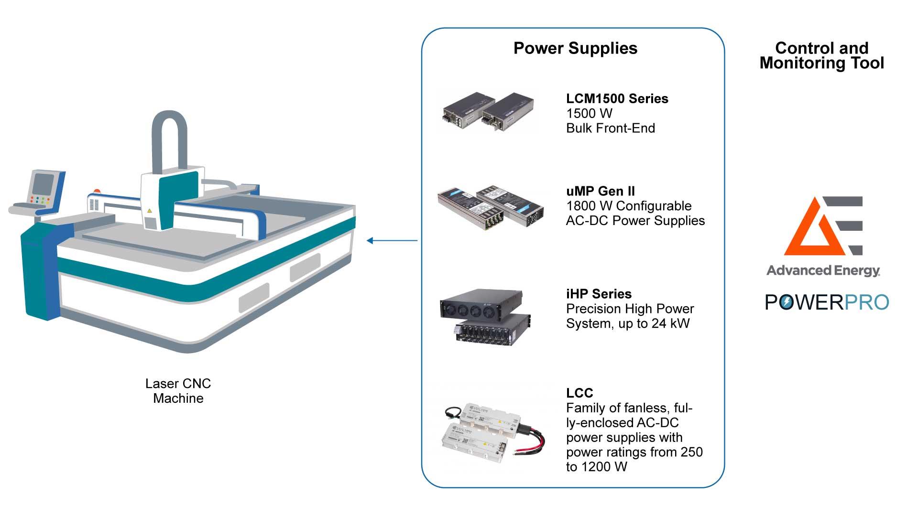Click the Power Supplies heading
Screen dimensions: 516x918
pos(575,48)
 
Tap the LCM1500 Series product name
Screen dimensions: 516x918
pos(617,98)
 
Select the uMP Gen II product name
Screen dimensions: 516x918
pos(600,191)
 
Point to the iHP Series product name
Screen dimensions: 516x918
pos(599,294)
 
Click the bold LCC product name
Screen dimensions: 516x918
pos(579,393)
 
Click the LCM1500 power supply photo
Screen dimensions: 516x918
pos(488,112)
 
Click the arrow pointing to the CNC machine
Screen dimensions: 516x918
pos(392,240)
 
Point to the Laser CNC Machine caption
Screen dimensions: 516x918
pos(178,391)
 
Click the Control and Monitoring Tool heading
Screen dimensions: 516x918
pos(821,55)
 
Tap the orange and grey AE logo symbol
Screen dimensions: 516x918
pos(823,226)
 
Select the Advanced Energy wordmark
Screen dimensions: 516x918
pos(823,270)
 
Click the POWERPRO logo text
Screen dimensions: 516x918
pos(827,302)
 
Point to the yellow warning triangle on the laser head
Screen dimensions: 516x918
pos(150,210)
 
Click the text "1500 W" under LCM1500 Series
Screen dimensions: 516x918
pos(589,113)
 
